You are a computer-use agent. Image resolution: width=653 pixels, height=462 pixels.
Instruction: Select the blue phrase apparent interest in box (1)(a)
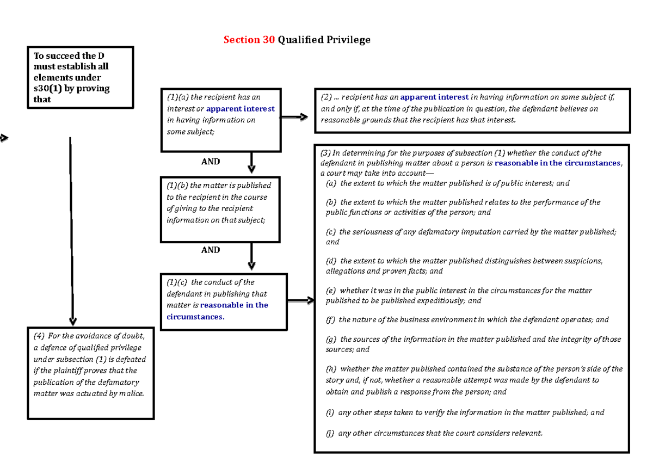pos(241,109)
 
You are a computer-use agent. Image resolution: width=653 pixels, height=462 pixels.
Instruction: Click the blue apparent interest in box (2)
pos(434,97)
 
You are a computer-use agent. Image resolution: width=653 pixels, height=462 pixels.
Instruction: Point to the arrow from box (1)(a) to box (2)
pos(297,117)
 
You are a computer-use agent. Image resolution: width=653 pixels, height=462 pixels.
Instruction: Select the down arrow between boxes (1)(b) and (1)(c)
pos(251,256)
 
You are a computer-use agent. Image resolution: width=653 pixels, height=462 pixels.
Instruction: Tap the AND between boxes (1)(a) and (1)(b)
pos(211,162)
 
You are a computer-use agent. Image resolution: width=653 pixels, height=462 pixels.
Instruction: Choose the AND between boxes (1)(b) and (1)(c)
pos(211,250)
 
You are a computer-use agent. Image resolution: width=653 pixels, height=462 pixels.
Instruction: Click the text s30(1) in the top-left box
pos(47,89)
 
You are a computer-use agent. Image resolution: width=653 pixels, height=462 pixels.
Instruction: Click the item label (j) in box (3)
pos(330,434)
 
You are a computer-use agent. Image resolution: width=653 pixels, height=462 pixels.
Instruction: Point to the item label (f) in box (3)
pos(330,320)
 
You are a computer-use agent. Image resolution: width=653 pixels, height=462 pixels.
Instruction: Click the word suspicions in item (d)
pos(581,261)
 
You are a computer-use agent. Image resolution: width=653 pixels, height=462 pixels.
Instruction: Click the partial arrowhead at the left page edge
pos(4,138)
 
